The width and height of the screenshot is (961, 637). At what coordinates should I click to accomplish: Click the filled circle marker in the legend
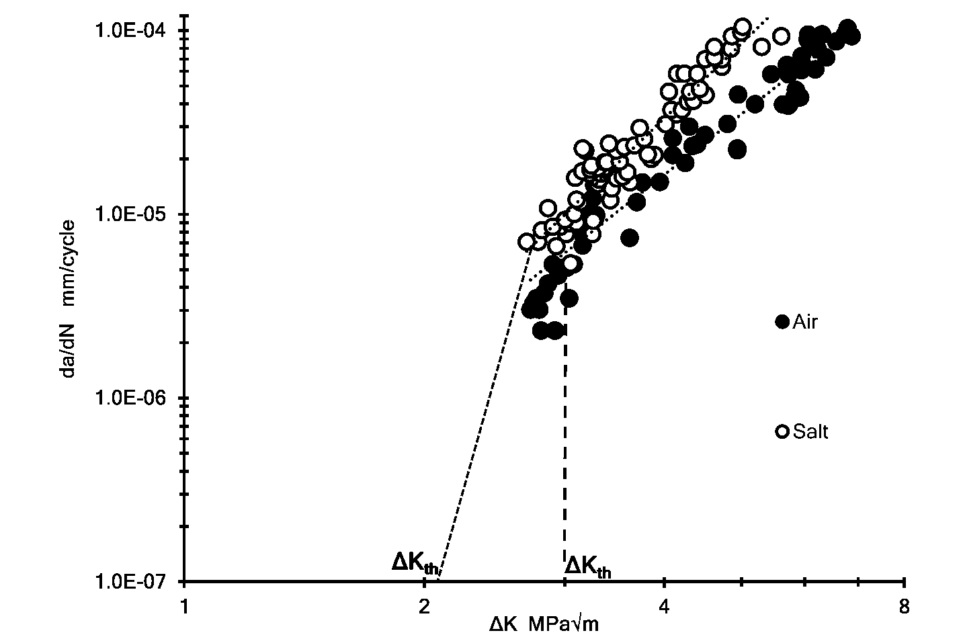[782, 322]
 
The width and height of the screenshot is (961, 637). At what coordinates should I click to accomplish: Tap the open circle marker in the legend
[782, 431]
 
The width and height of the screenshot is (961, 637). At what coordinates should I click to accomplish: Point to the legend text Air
[805, 322]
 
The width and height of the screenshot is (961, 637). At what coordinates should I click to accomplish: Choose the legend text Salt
[810, 431]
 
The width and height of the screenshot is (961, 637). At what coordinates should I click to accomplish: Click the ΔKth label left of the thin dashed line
[415, 563]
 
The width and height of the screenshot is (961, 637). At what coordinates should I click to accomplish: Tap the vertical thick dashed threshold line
[565, 437]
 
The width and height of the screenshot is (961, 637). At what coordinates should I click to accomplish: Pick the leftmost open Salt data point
[527, 241]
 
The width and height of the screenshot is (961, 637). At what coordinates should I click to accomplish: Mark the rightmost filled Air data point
[851, 36]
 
